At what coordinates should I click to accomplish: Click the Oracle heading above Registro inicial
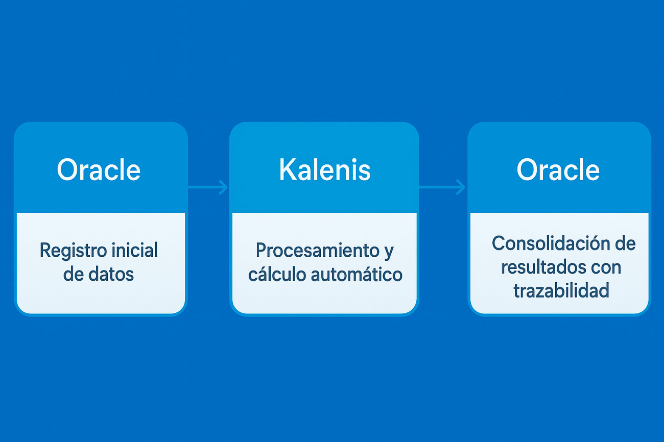click(x=99, y=170)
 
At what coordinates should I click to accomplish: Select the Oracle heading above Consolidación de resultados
click(x=558, y=170)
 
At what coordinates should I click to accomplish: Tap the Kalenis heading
click(x=325, y=170)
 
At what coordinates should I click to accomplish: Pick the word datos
click(x=111, y=274)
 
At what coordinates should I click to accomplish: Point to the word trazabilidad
click(x=561, y=290)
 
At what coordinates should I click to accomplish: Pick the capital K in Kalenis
click(x=288, y=170)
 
